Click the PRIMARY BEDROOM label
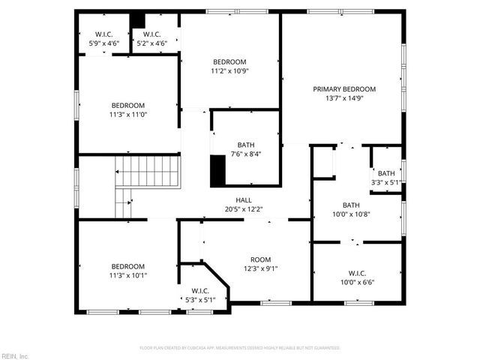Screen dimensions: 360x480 tap(344, 88)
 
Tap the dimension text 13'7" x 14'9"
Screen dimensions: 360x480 tap(344, 98)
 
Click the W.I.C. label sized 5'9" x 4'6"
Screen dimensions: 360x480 tap(103, 34)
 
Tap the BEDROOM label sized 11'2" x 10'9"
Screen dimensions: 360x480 tap(229, 61)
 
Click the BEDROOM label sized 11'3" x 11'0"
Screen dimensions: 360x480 tap(128, 106)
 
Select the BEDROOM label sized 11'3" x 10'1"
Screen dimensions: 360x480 tap(128, 266)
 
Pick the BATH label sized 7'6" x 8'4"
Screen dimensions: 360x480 tap(246, 145)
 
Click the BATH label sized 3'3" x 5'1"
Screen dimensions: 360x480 tap(386, 173)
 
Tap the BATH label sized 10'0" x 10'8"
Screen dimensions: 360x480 tap(351, 205)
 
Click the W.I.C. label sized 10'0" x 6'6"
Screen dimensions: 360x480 tap(357, 273)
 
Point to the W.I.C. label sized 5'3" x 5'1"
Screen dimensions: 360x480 tap(200, 291)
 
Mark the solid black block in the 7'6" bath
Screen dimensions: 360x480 tap(217, 169)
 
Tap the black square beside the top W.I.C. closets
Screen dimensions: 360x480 tap(137, 20)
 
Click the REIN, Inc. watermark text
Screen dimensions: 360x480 tap(14, 355)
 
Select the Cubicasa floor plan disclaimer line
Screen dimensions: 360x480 tap(240, 348)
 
